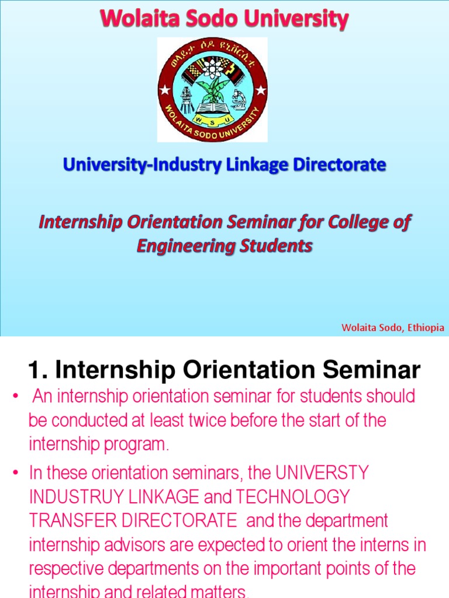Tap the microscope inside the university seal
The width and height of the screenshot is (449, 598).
239,99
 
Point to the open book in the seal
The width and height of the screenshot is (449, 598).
212,107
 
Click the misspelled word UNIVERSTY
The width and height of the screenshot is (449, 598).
322,472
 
